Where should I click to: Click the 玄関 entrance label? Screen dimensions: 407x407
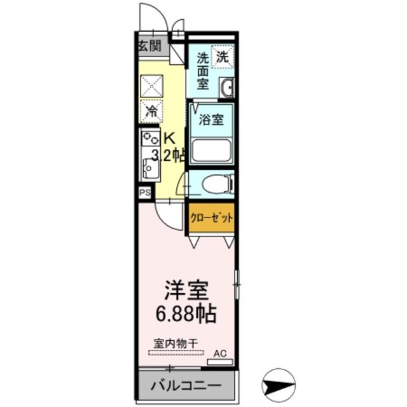click(x=150, y=45)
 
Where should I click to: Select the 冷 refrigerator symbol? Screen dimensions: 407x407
click(x=151, y=111)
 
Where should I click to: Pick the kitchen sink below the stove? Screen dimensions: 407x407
click(x=150, y=167)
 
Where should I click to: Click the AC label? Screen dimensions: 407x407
click(x=220, y=353)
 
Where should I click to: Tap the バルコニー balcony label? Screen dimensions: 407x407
click(x=185, y=385)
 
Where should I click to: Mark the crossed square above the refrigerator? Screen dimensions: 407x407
click(x=151, y=85)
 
